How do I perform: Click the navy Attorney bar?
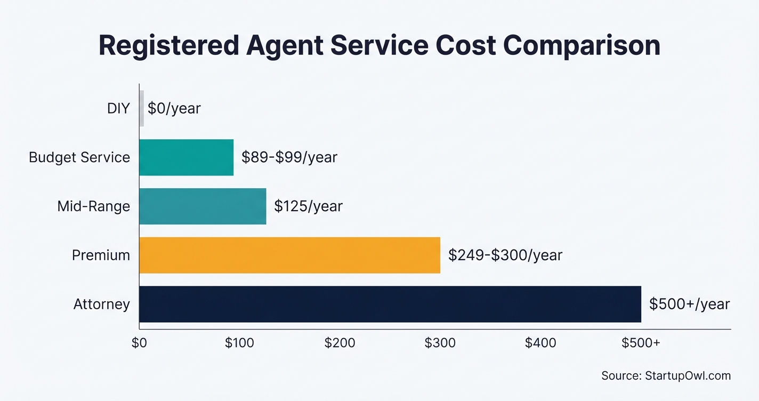(x=390, y=304)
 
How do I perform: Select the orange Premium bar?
(x=289, y=255)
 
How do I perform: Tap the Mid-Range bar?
(x=203, y=206)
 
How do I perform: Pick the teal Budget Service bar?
(x=186, y=157)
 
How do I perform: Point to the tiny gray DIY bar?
(x=142, y=108)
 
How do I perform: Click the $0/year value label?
(x=174, y=109)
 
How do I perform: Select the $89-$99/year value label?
(x=289, y=157)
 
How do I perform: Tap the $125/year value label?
(x=308, y=206)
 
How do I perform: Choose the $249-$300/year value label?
(x=505, y=255)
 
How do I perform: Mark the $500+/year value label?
(x=689, y=304)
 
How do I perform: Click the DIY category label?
(x=118, y=109)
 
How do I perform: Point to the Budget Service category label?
(x=79, y=157)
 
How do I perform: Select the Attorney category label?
(x=101, y=304)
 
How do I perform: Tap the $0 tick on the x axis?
(x=139, y=343)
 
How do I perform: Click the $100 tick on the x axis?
(x=239, y=343)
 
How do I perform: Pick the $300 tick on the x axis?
(x=440, y=343)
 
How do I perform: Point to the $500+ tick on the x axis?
(x=641, y=343)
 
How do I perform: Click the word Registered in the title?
(x=168, y=46)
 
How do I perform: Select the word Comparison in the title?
(x=582, y=46)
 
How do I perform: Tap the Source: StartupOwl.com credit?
(x=666, y=375)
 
